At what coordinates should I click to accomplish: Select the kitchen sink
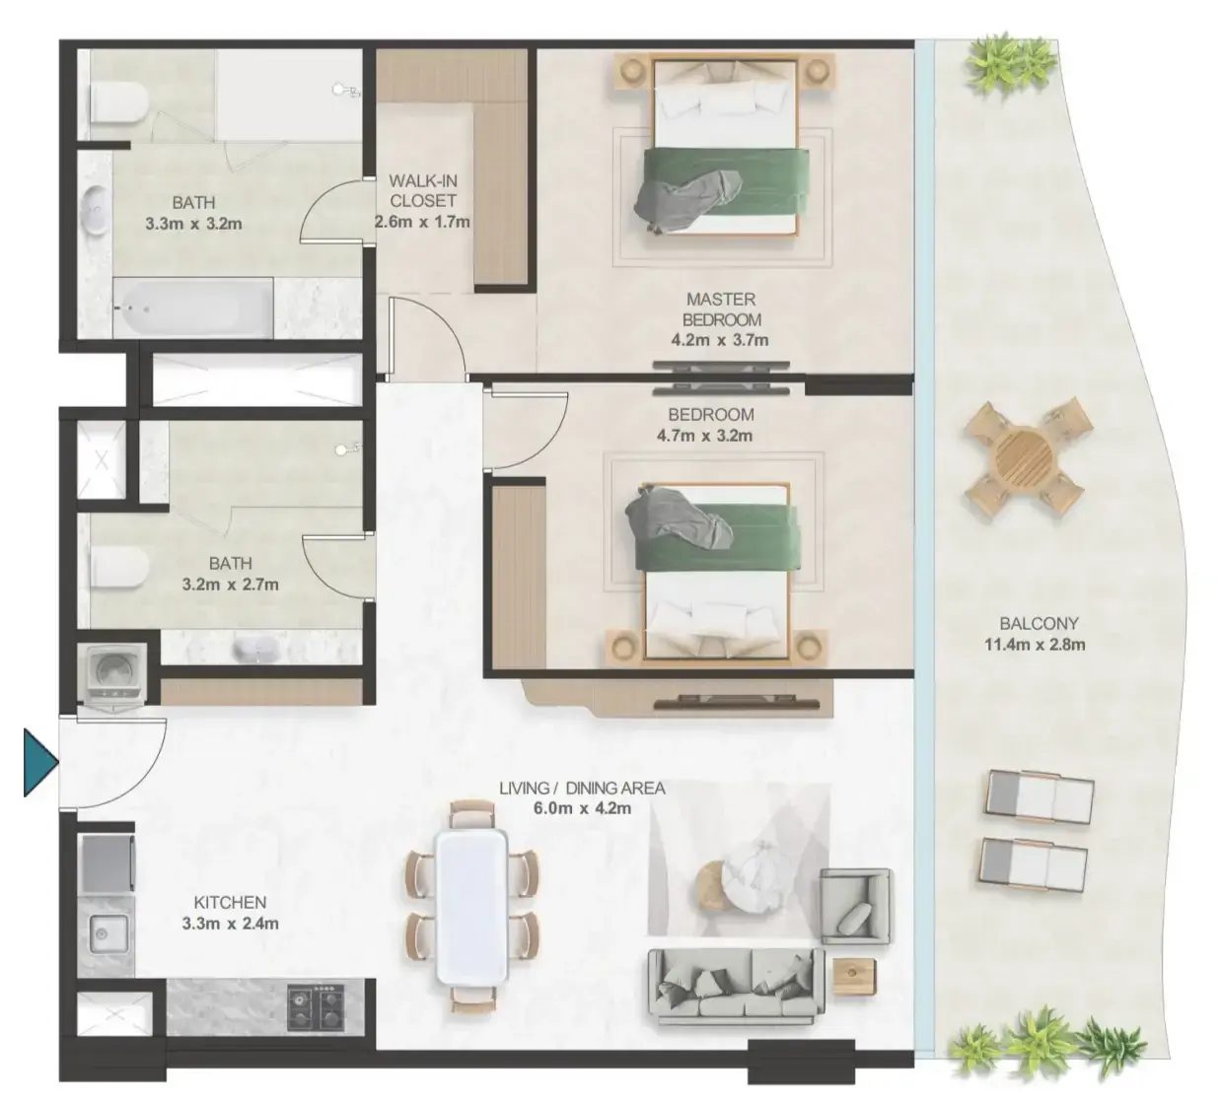click(108, 934)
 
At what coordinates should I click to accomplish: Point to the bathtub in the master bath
click(193, 309)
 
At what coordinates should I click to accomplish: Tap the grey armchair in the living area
click(856, 907)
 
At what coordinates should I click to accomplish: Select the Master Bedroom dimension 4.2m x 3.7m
click(719, 340)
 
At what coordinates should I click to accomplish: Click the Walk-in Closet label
click(422, 190)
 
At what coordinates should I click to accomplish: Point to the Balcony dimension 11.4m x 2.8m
click(1035, 645)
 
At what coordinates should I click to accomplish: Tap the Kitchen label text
click(230, 902)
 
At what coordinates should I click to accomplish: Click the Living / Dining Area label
click(582, 788)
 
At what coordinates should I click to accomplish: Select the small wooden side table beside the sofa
click(854, 976)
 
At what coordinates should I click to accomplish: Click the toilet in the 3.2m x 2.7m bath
click(118, 568)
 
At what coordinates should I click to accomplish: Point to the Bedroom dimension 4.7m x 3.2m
click(704, 436)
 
